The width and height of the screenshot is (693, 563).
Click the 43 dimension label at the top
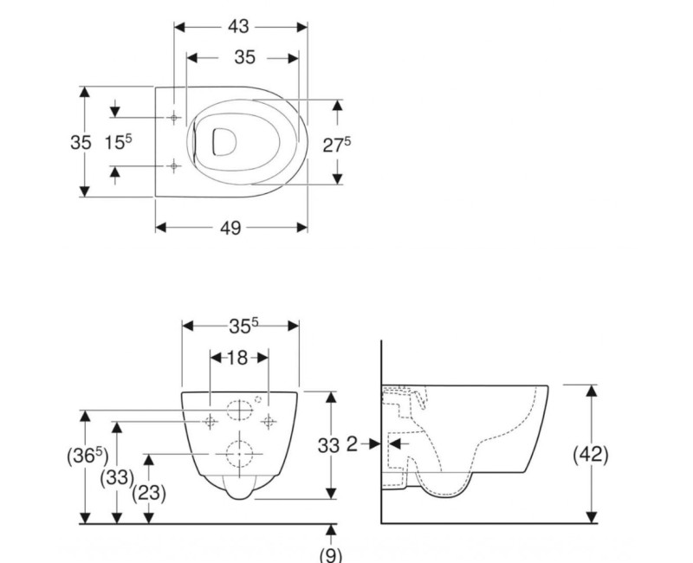click(x=239, y=27)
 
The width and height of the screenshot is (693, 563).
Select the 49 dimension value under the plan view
click(x=230, y=228)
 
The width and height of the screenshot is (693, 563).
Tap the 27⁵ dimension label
click(x=337, y=145)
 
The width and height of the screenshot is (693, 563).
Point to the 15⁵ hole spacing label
click(x=119, y=142)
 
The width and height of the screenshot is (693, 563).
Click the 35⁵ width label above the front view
click(x=244, y=326)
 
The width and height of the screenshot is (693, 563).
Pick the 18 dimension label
click(x=238, y=357)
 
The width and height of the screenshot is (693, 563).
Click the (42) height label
click(x=592, y=454)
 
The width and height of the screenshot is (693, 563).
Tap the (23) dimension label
click(x=148, y=493)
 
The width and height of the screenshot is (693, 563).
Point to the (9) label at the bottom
click(x=332, y=555)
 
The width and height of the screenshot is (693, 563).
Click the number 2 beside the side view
click(x=352, y=443)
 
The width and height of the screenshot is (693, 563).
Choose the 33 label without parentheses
click(x=327, y=445)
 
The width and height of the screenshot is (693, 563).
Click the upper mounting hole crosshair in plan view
click(x=175, y=117)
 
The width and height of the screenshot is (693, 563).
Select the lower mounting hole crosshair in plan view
click(x=175, y=165)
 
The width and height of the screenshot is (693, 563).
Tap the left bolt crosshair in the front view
click(x=210, y=421)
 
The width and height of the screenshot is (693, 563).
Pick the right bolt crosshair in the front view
click(x=269, y=421)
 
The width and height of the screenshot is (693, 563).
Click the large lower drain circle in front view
click(x=240, y=454)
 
